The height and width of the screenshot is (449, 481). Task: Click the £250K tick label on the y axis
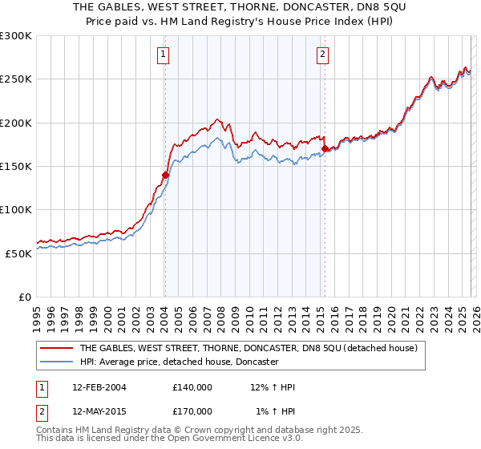(x=16, y=79)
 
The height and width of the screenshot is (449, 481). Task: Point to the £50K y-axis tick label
(x=18, y=253)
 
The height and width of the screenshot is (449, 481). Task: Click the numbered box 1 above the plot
(x=163, y=55)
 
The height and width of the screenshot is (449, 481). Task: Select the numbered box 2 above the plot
(x=322, y=55)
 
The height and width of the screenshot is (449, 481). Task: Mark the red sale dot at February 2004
(x=165, y=175)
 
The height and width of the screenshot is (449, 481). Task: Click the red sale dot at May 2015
(x=325, y=148)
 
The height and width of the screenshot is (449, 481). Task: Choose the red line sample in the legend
(x=57, y=349)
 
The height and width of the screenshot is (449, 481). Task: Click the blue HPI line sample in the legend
(x=57, y=362)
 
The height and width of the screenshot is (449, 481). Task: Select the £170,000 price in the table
(x=192, y=411)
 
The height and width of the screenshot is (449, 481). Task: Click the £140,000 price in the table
(x=192, y=387)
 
